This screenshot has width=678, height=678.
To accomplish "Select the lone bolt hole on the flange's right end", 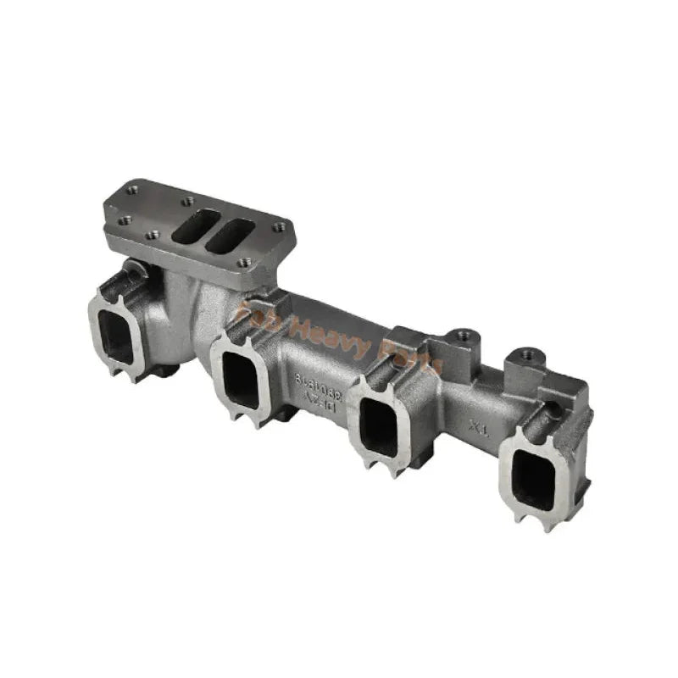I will pyautogui.click(x=279, y=227).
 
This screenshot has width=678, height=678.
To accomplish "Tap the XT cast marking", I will pyautogui.click(x=479, y=427).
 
